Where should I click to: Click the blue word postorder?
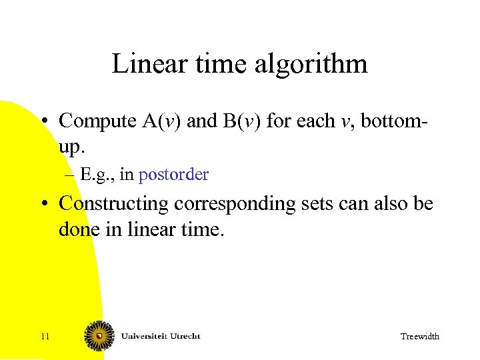[x=173, y=175]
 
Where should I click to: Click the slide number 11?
[x=45, y=337]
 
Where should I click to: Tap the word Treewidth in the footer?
[x=419, y=337]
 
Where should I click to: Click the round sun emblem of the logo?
[x=99, y=335]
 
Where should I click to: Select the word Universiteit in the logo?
[x=141, y=335]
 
